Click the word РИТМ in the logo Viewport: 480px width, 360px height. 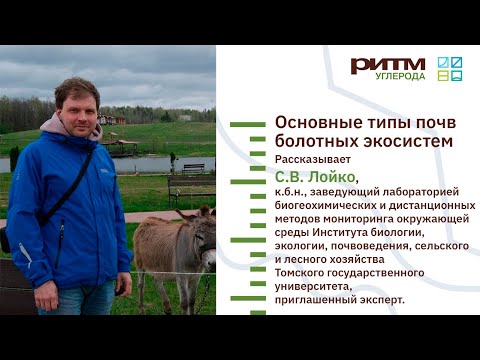(387, 65)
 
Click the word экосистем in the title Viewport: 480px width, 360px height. (409, 141)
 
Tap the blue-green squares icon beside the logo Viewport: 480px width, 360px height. (450, 67)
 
